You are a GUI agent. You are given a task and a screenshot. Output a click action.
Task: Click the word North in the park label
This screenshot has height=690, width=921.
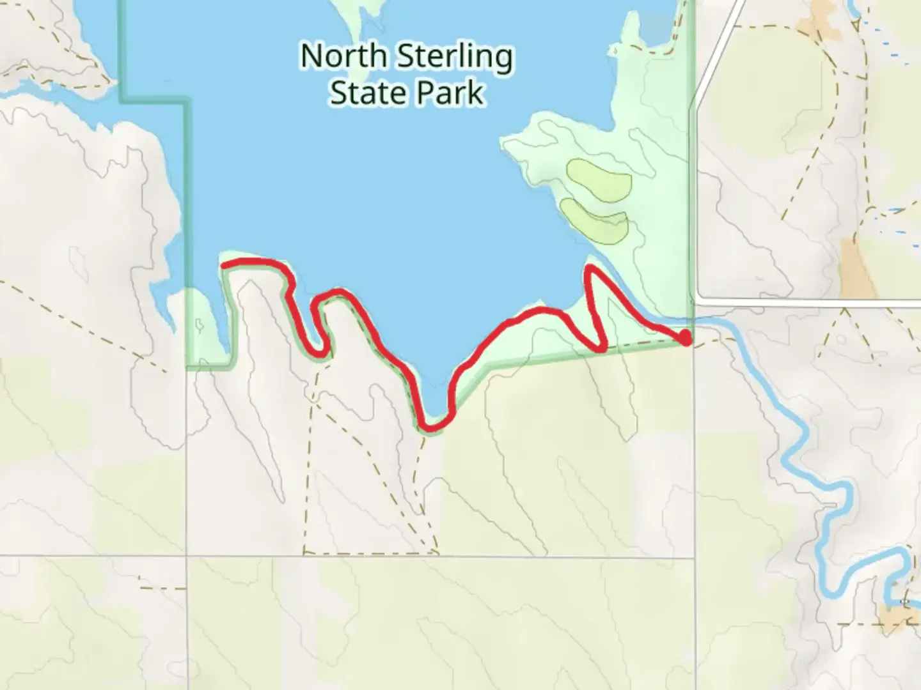(x=343, y=56)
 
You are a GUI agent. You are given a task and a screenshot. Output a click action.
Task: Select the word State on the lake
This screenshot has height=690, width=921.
(x=366, y=93)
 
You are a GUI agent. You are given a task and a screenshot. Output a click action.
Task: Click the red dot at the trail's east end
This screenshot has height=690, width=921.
(x=685, y=337)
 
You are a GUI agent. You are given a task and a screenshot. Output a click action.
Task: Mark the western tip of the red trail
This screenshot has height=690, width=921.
(x=223, y=264)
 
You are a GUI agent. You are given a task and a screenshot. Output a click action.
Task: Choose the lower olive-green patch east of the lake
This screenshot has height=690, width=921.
(x=595, y=220)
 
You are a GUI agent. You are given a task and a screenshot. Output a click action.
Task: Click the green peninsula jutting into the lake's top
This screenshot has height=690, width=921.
(x=365, y=19)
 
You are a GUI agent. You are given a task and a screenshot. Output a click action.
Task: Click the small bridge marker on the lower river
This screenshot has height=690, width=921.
(x=904, y=602)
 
